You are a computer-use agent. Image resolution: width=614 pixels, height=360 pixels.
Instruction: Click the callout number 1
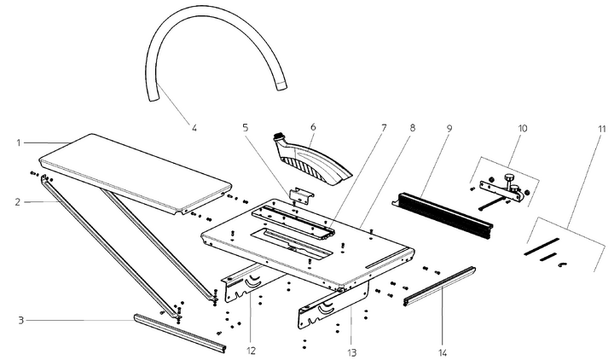pyautogui.click(x=17, y=142)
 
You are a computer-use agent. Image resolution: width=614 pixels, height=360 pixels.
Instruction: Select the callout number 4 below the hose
pyautogui.click(x=194, y=128)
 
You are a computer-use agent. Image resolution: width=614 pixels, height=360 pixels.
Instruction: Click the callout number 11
pyautogui.click(x=602, y=128)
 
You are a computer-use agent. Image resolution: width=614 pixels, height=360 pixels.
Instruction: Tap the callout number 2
pyautogui.click(x=17, y=201)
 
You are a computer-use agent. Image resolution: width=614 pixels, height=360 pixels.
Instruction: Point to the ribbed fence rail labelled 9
pyautogui.click(x=443, y=212)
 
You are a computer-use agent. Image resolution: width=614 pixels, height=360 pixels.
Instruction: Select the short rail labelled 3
pyautogui.click(x=180, y=332)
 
